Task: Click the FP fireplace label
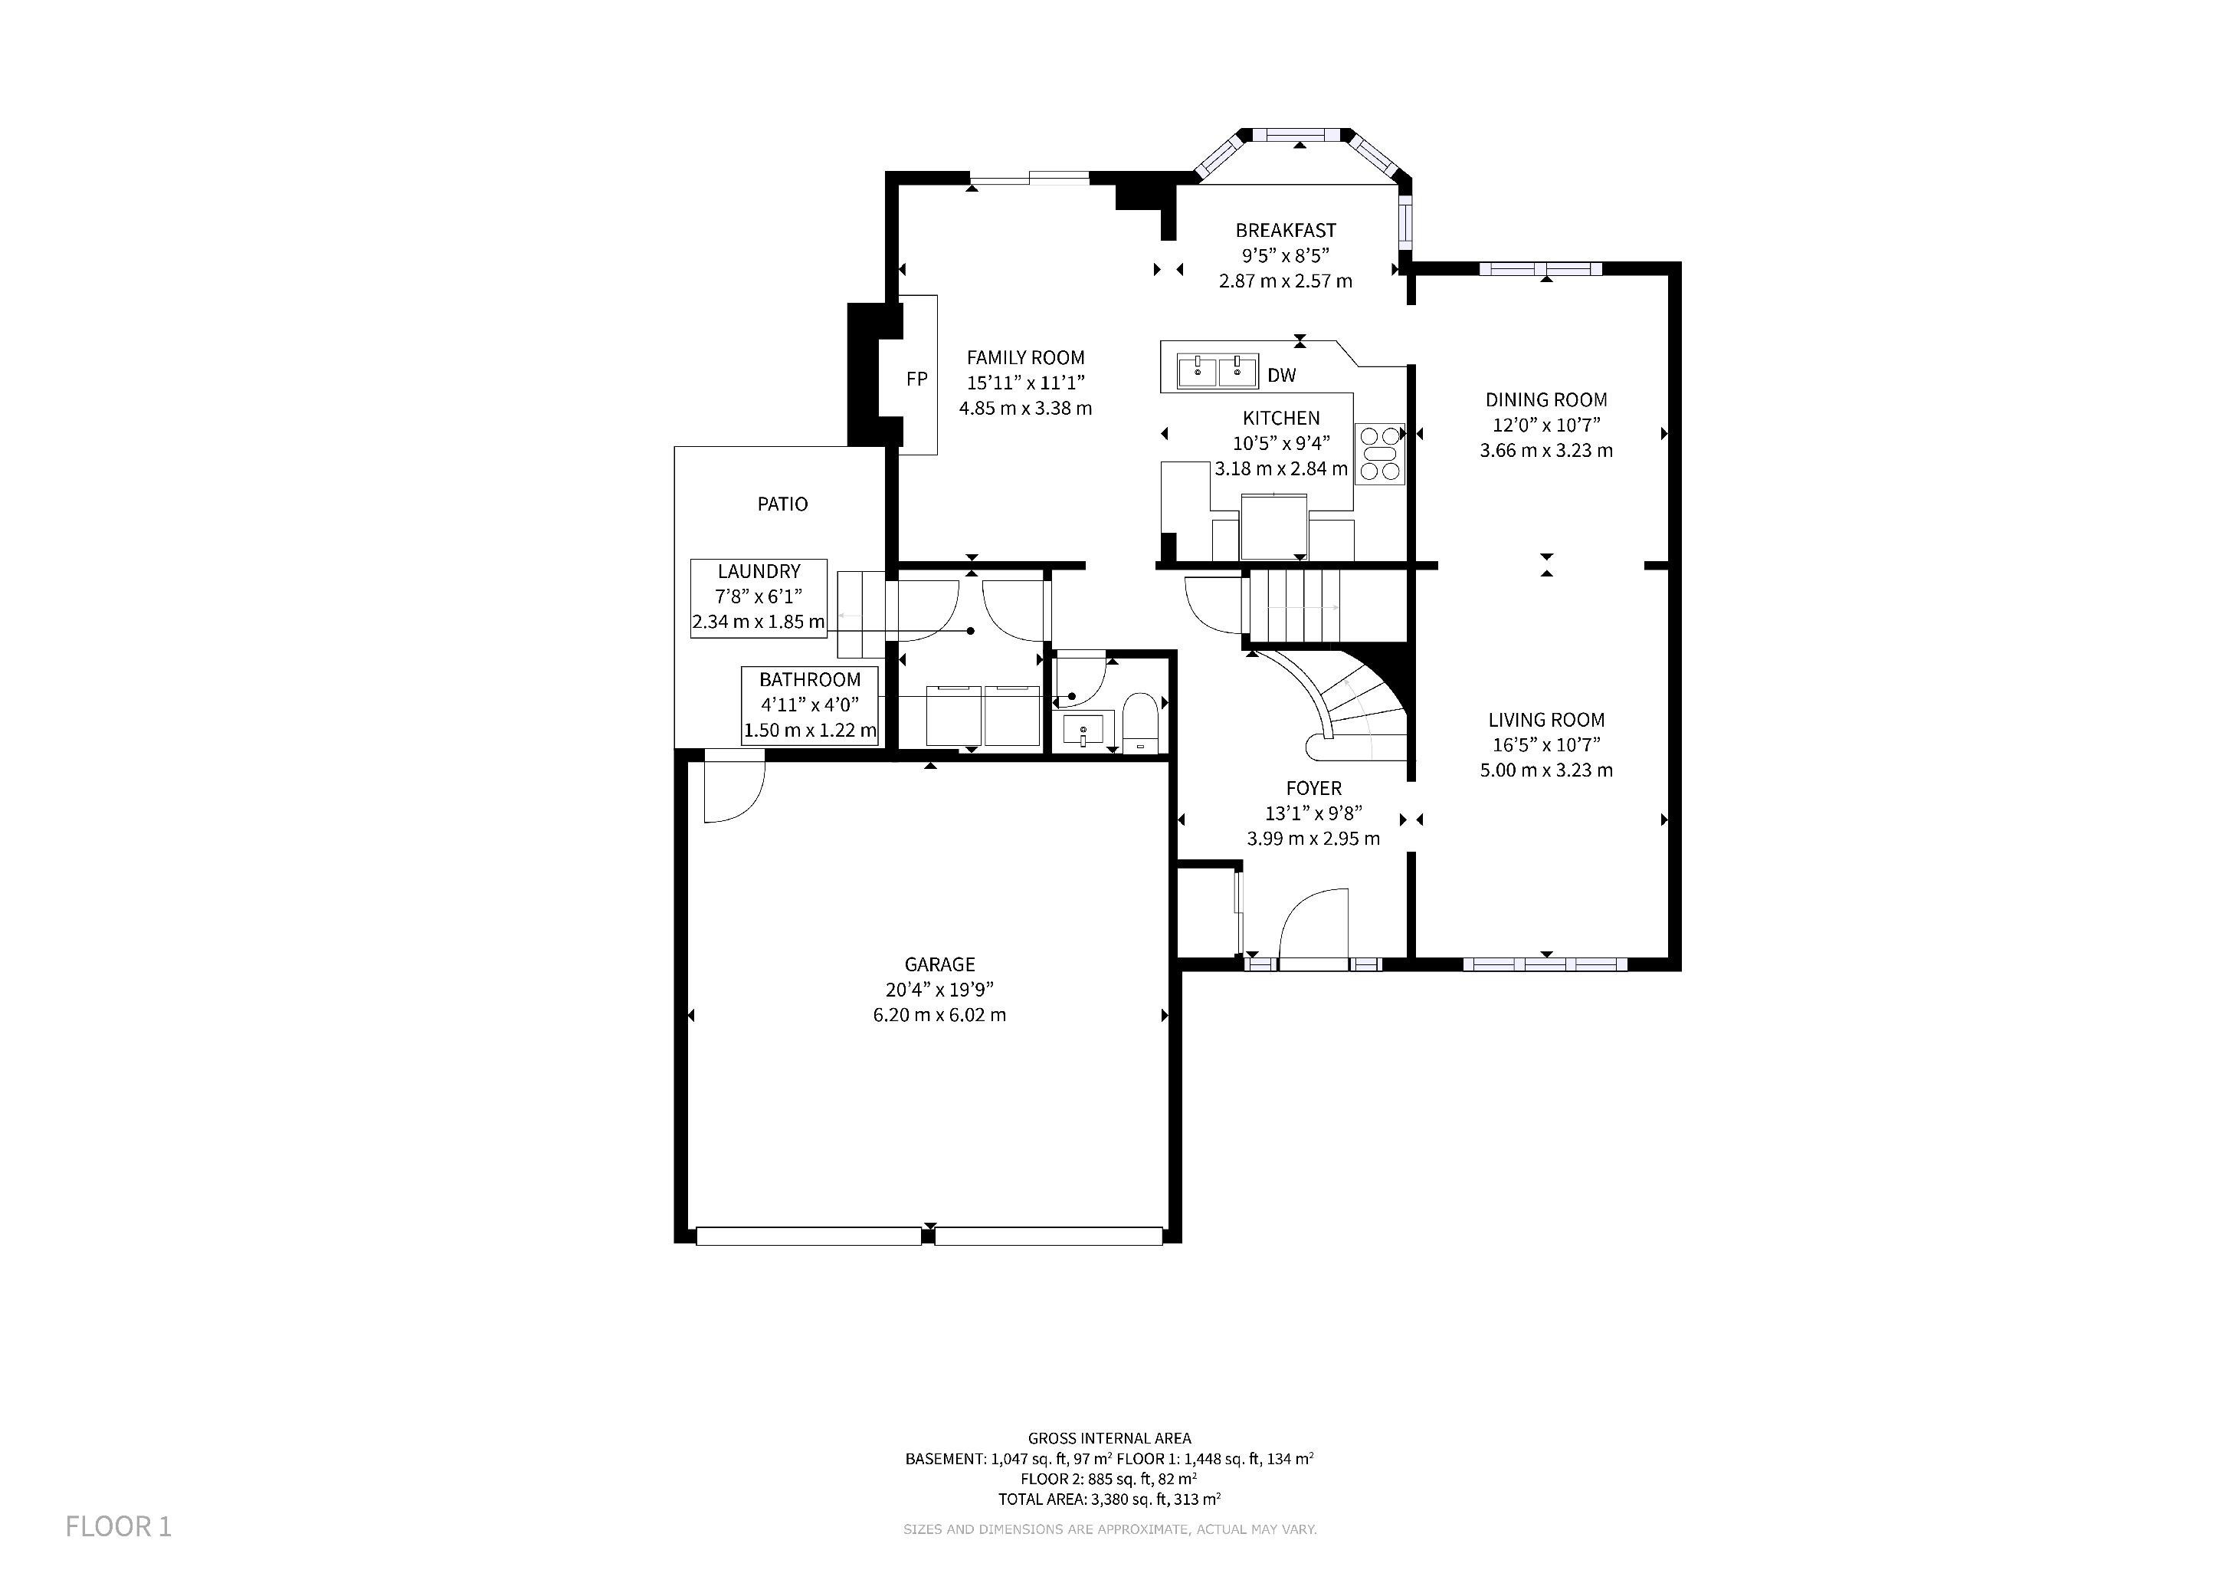pyautogui.click(x=916, y=379)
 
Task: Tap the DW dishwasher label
pyautogui.click(x=1282, y=375)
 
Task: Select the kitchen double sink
pyautogui.click(x=1217, y=370)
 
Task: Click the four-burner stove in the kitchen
pyautogui.click(x=1379, y=453)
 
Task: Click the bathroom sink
pyautogui.click(x=1087, y=728)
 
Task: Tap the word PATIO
pyautogui.click(x=782, y=504)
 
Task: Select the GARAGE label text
pyautogui.click(x=939, y=964)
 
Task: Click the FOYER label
pyautogui.click(x=1313, y=788)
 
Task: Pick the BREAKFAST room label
pyautogui.click(x=1286, y=230)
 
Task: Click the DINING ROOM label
pyautogui.click(x=1546, y=399)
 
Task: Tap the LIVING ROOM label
pyautogui.click(x=1546, y=719)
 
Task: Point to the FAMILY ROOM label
pyautogui.click(x=1025, y=356)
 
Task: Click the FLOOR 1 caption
pyautogui.click(x=118, y=1526)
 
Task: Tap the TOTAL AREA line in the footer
pyautogui.click(x=1109, y=1499)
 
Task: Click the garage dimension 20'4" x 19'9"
pyautogui.click(x=939, y=989)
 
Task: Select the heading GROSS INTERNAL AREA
pyautogui.click(x=1109, y=1437)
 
